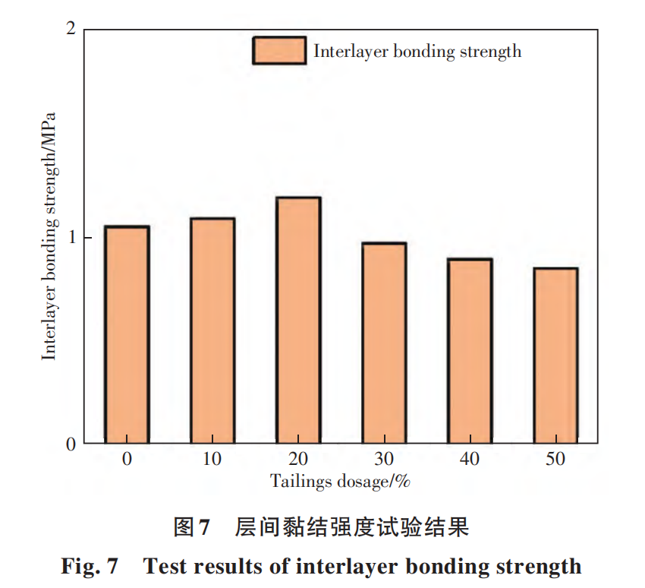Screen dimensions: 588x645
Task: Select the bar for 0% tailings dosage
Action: click(127, 334)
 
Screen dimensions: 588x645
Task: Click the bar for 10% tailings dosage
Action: click(212, 330)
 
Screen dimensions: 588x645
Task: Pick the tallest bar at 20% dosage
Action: click(298, 320)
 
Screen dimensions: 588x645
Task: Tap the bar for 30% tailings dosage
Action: click(384, 343)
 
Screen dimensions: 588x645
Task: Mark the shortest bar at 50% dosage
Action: click(555, 356)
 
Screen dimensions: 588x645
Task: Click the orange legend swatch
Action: click(279, 51)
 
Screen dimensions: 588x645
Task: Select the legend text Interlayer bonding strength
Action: click(417, 52)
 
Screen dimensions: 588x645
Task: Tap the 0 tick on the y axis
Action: click(71, 444)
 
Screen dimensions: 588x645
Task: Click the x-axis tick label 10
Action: click(212, 459)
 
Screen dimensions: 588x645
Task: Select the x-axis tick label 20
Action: click(298, 459)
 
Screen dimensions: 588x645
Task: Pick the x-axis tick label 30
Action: click(384, 459)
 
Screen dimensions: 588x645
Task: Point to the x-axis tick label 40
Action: click(470, 459)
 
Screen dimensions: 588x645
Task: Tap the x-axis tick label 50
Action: click(555, 459)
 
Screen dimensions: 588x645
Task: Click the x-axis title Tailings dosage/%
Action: click(340, 481)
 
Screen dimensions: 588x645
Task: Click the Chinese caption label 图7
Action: click(191, 526)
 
